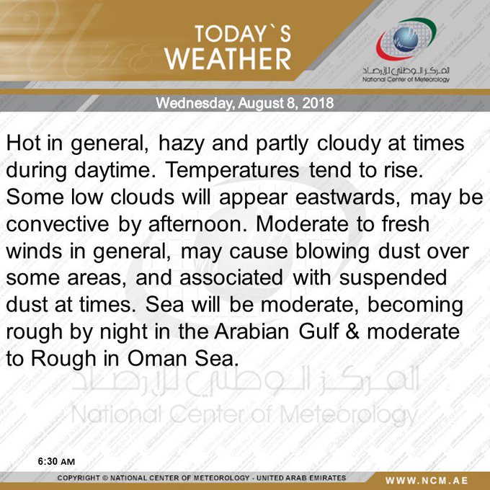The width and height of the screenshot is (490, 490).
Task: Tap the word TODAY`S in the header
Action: point(241,34)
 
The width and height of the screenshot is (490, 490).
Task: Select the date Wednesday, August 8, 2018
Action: point(244,103)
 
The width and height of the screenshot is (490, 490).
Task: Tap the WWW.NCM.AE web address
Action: point(436,479)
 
